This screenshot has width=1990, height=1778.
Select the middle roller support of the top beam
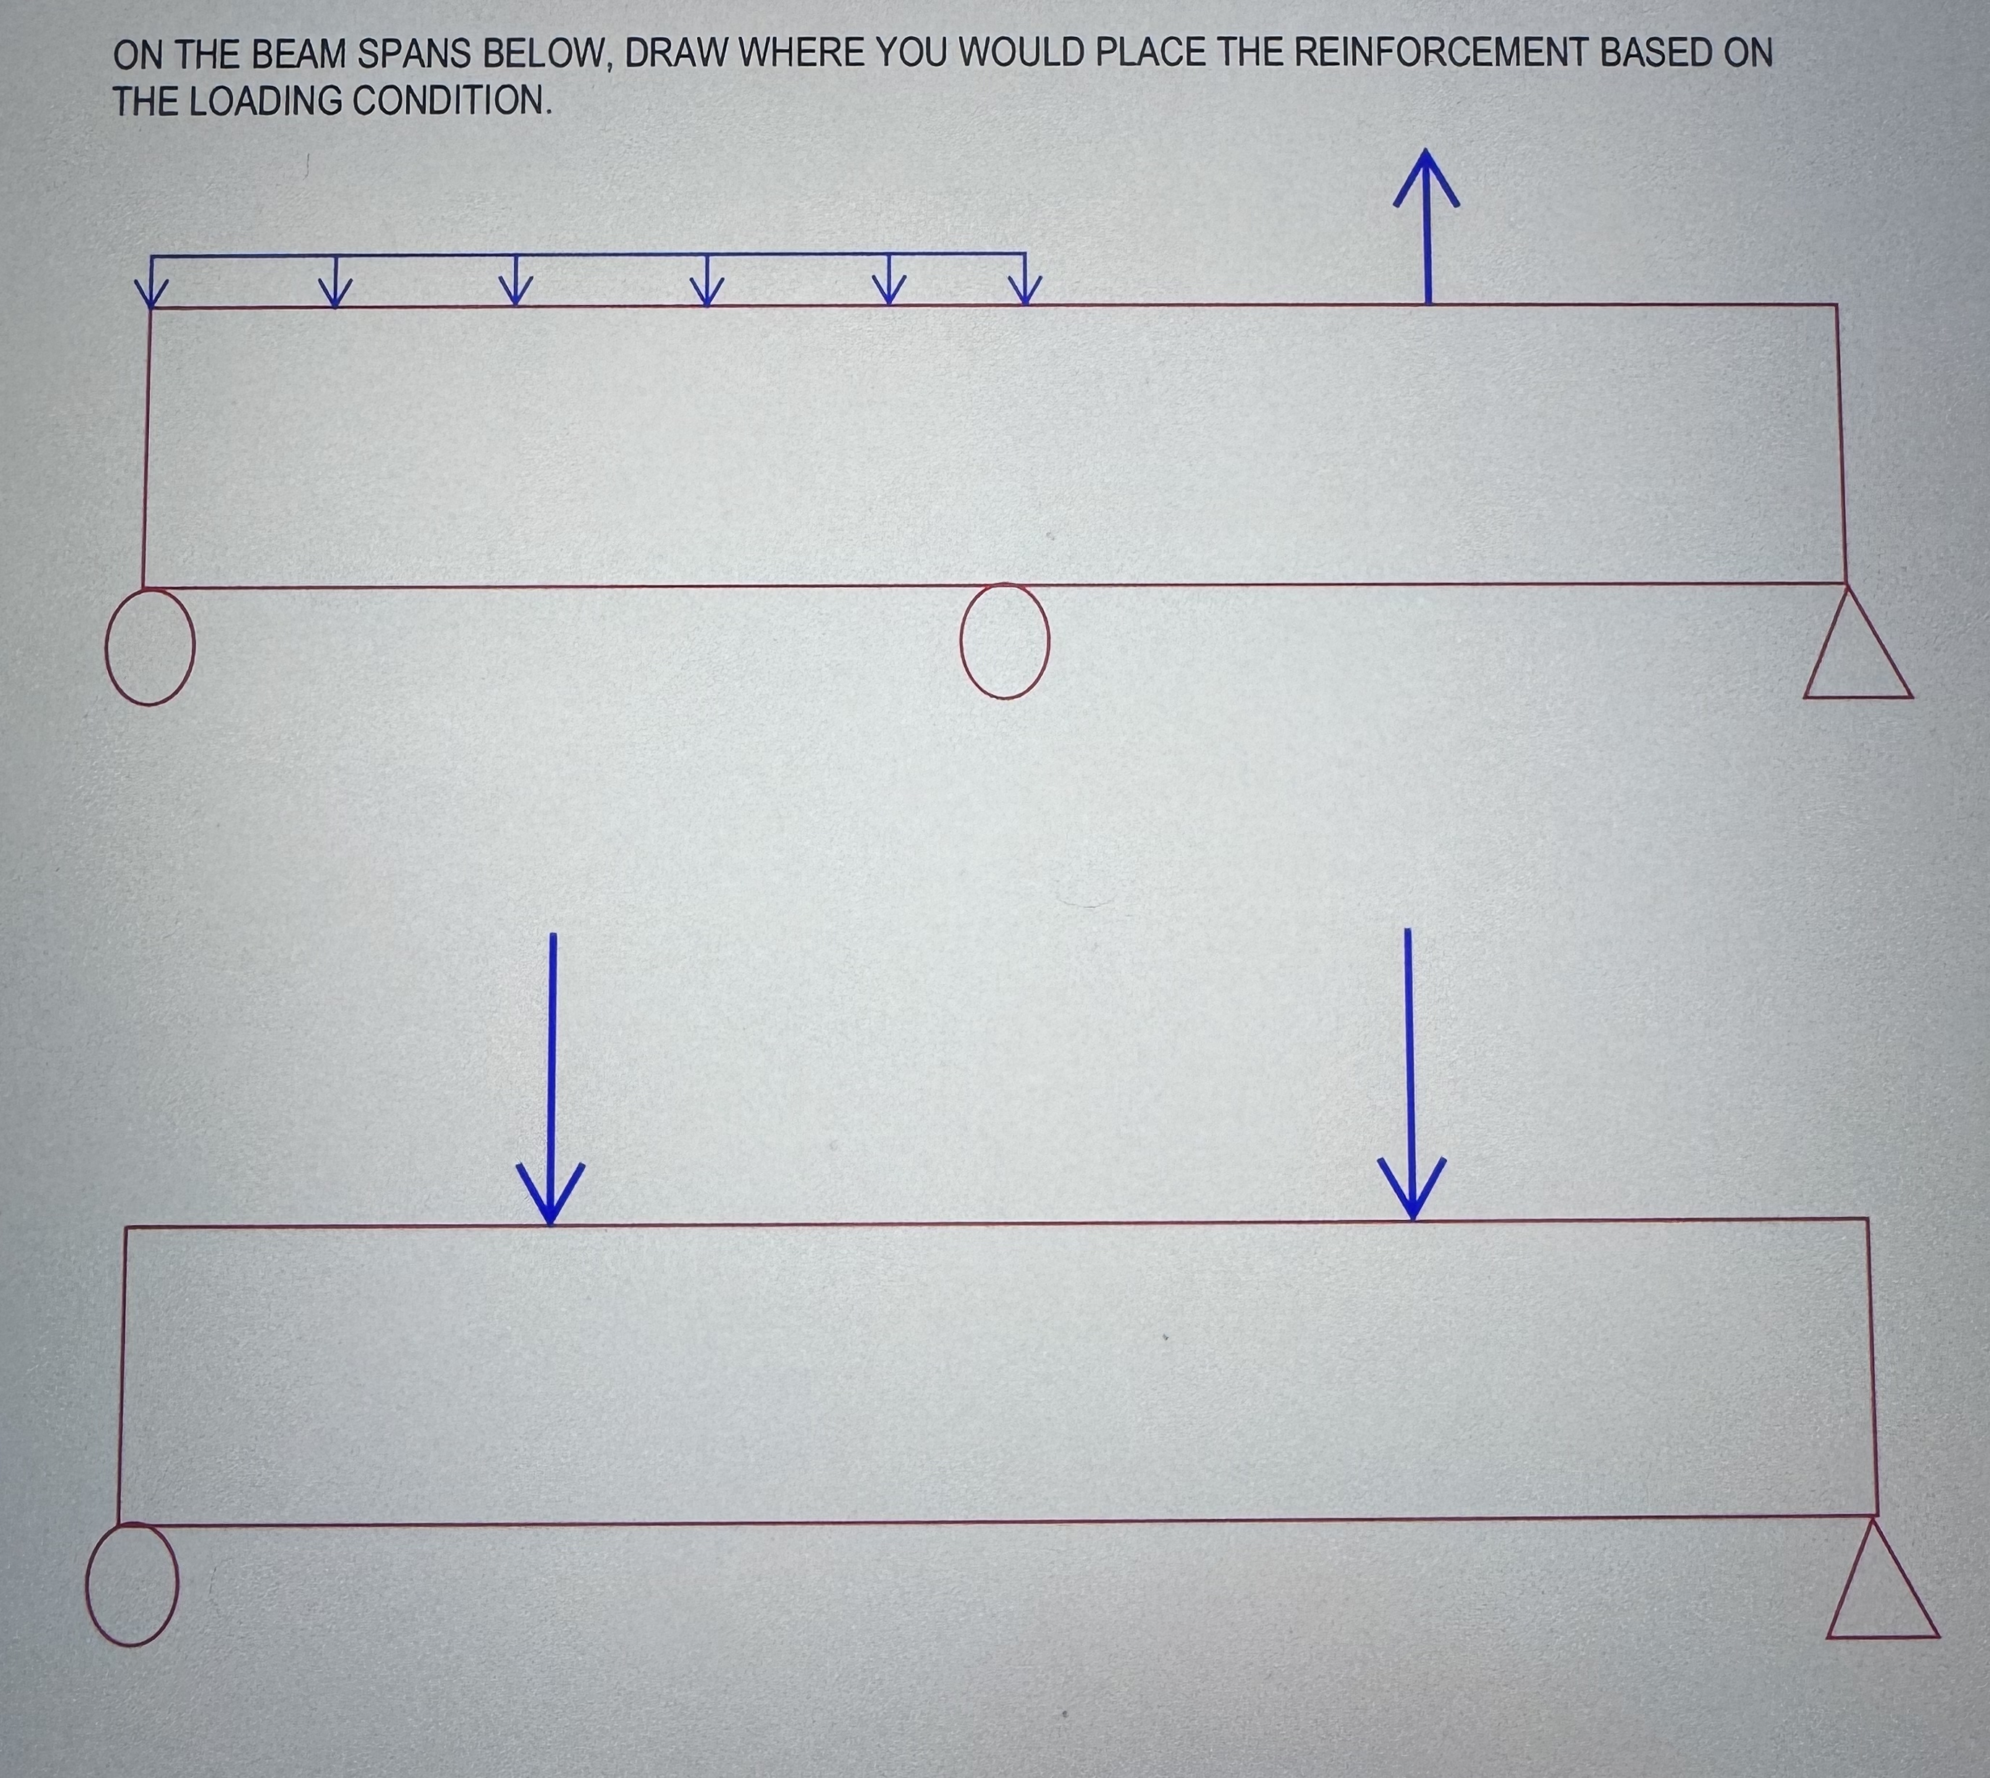tap(1004, 641)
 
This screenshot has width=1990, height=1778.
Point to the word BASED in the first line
tap(1653, 53)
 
